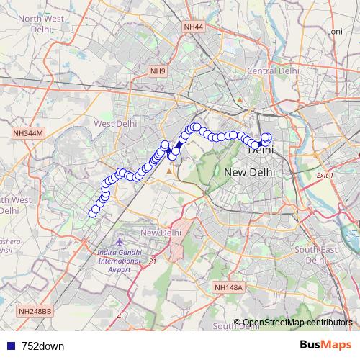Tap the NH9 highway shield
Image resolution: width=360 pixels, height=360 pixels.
click(x=158, y=71)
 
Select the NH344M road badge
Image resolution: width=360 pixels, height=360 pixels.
click(x=29, y=134)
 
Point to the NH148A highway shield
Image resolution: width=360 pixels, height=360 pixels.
click(x=230, y=287)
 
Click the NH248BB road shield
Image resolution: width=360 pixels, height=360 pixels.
click(x=34, y=311)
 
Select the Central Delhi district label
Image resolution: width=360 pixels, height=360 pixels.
click(x=273, y=71)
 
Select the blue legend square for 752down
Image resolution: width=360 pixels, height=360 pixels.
click(x=9, y=346)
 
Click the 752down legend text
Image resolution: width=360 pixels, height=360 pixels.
click(x=42, y=346)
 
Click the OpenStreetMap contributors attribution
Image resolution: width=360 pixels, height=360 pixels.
click(x=297, y=323)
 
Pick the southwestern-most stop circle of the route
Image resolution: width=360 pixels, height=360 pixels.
click(x=93, y=212)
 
